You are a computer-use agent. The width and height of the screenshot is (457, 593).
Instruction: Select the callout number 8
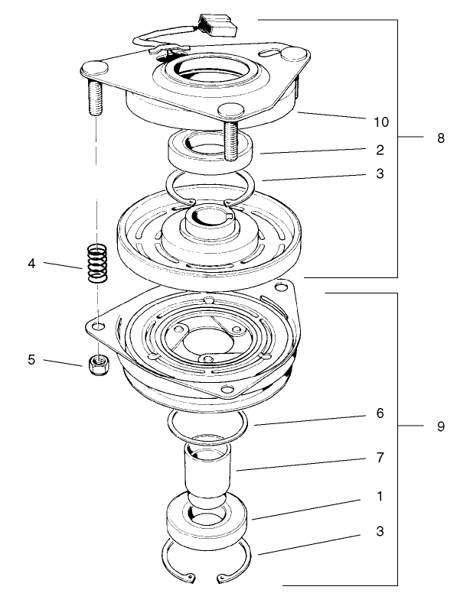tap(440, 138)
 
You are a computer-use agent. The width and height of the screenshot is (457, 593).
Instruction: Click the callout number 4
tap(31, 264)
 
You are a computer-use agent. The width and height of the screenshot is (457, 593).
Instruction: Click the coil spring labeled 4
tap(96, 264)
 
